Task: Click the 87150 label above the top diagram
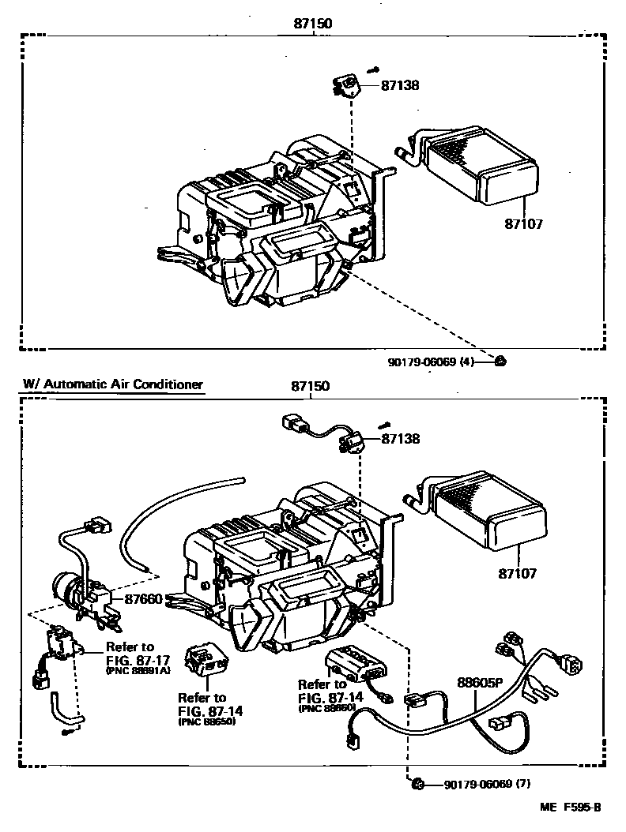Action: pyautogui.click(x=311, y=24)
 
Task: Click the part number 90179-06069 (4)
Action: pyautogui.click(x=430, y=362)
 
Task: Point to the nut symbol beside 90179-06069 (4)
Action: pyautogui.click(x=500, y=362)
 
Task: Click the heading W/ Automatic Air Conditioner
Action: pyautogui.click(x=113, y=384)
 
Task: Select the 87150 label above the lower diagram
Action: pyautogui.click(x=311, y=387)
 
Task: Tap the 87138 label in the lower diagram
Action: pyautogui.click(x=401, y=439)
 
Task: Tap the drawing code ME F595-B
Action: pyautogui.click(x=571, y=807)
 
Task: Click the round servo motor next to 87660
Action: pyautogui.click(x=67, y=589)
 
